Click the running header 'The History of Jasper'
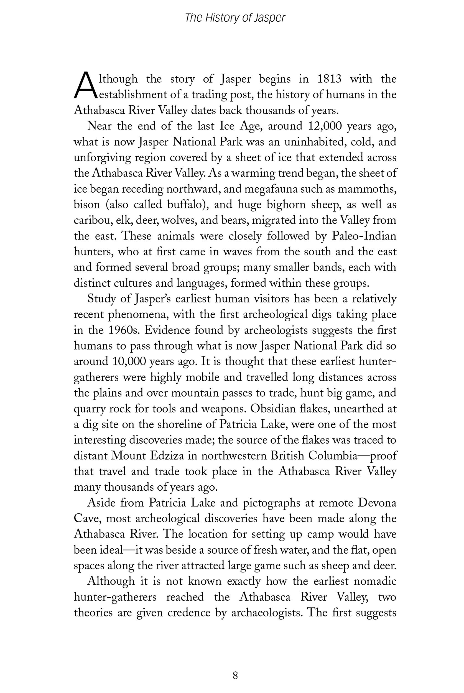235,18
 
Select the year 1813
329,79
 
